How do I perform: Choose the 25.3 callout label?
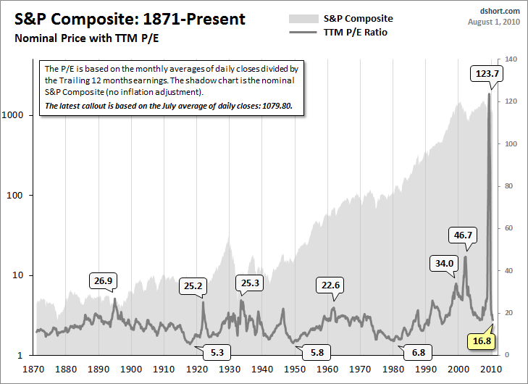coord(250,283)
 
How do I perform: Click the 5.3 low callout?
coord(218,353)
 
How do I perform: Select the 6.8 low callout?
coord(419,353)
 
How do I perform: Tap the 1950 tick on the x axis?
coord(295,368)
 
